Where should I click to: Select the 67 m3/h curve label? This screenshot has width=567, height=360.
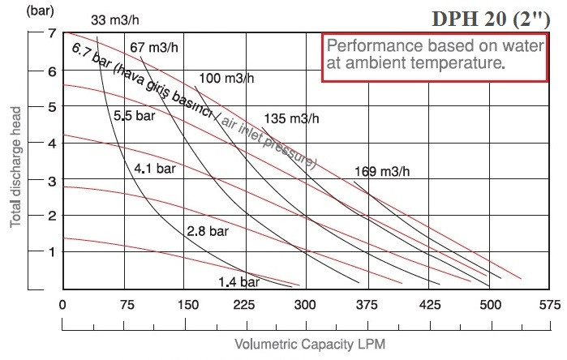pyautogui.click(x=153, y=47)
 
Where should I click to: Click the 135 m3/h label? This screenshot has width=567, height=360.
pyautogui.click(x=292, y=118)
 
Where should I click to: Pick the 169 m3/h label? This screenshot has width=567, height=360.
pyautogui.click(x=382, y=171)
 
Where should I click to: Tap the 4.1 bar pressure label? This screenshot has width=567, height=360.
pyautogui.click(x=156, y=169)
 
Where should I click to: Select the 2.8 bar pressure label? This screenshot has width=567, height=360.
pyautogui.click(x=208, y=231)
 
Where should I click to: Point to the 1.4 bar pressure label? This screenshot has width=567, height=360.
pyautogui.click(x=238, y=282)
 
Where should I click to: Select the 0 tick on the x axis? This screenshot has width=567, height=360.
pyautogui.click(x=62, y=306)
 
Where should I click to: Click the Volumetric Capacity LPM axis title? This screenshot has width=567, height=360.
pyautogui.click(x=309, y=344)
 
